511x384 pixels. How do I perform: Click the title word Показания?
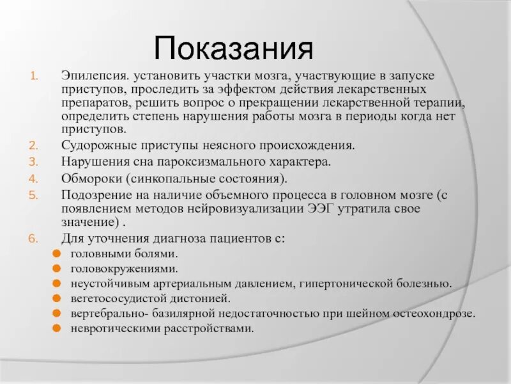click(234, 49)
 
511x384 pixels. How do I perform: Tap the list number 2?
click(34, 145)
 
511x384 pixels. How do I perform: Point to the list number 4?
click(34, 177)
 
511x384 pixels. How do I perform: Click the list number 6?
click(34, 239)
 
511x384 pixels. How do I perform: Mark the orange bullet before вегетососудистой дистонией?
click(57, 299)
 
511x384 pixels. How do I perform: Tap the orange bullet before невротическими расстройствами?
click(57, 329)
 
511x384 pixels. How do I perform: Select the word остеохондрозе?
click(436, 314)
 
